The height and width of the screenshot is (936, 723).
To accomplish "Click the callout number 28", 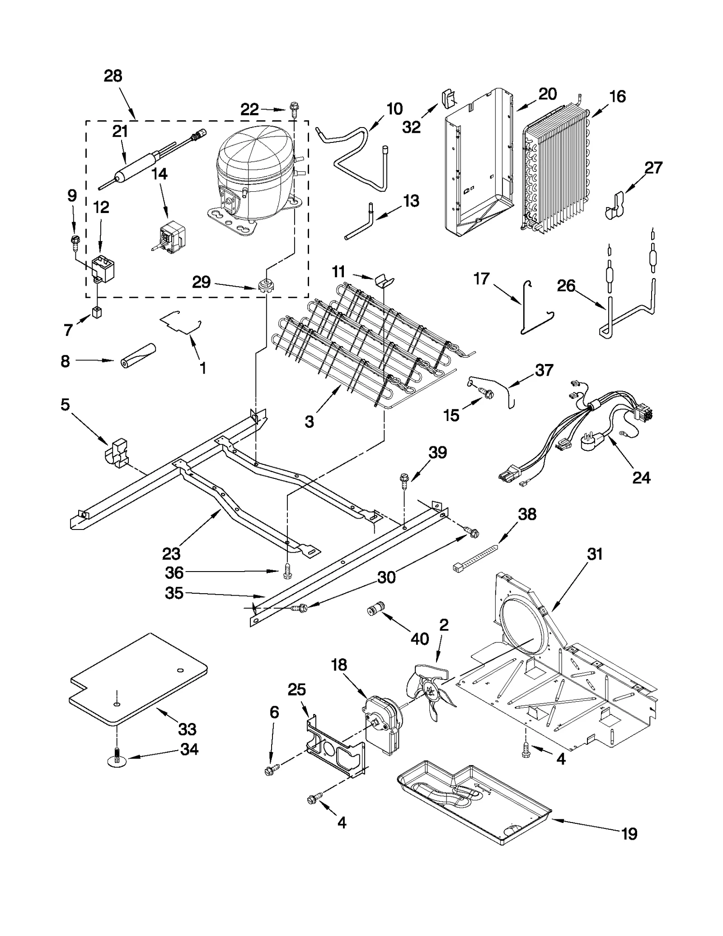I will point(113,76).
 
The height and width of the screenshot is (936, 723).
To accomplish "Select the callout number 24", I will point(641,477).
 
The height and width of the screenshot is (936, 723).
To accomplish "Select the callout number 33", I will point(187,729).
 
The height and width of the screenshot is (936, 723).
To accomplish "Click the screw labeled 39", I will point(404,482).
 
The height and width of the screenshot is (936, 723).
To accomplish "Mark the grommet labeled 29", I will point(266,286).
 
